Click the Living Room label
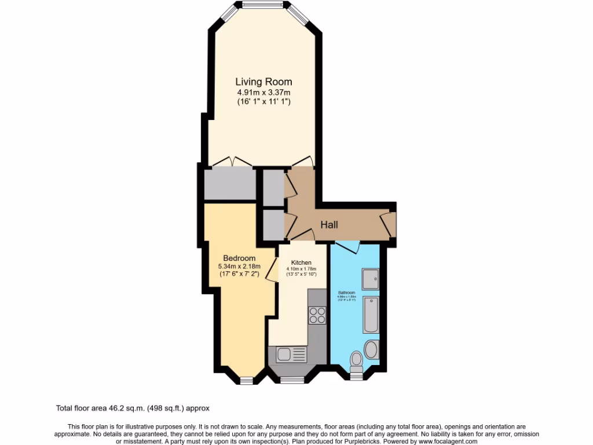pos(263,82)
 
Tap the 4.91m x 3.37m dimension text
pos(263,92)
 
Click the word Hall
pos(329,225)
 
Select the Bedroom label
pos(239,258)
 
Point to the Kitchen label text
pos(301,262)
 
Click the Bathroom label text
pos(347,293)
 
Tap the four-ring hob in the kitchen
pos(317,315)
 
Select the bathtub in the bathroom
pos(371,315)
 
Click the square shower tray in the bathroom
pos(370,279)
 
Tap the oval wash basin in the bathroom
pos(371,349)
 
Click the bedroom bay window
pos(247,380)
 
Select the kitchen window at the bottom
pos(292,380)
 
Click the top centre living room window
pos(262,5)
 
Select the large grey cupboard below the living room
pos(230,184)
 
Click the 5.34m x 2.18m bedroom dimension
pos(239,267)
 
